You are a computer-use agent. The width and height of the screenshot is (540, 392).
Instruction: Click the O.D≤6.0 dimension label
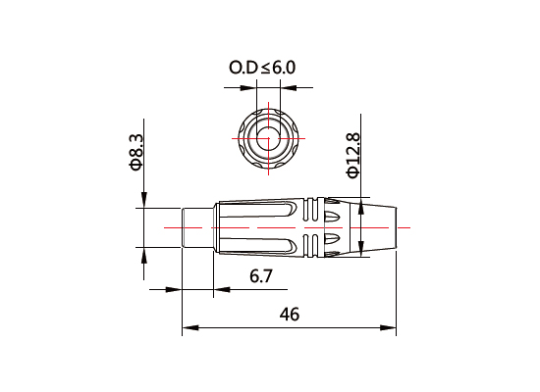click(x=262, y=68)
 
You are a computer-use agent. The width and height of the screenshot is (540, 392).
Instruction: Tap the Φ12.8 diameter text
click(x=353, y=155)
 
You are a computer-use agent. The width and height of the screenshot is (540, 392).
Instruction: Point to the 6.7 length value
click(x=261, y=276)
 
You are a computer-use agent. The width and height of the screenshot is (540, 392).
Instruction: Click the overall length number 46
click(x=290, y=314)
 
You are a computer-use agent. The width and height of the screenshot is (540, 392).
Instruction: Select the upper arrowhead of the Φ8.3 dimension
click(x=143, y=201)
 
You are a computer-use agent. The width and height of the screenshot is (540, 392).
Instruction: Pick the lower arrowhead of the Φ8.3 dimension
click(x=143, y=257)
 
